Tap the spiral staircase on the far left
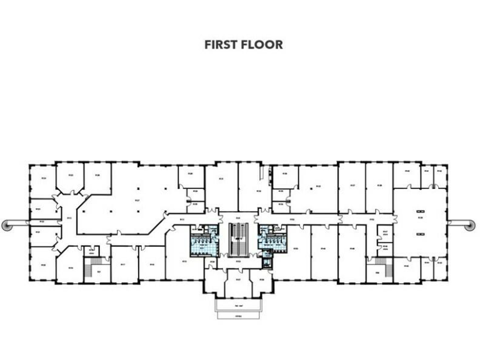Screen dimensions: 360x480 click(x=7, y=224)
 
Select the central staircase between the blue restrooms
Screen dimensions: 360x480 click(x=238, y=240)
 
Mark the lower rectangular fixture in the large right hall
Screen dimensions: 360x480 click(x=420, y=232)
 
